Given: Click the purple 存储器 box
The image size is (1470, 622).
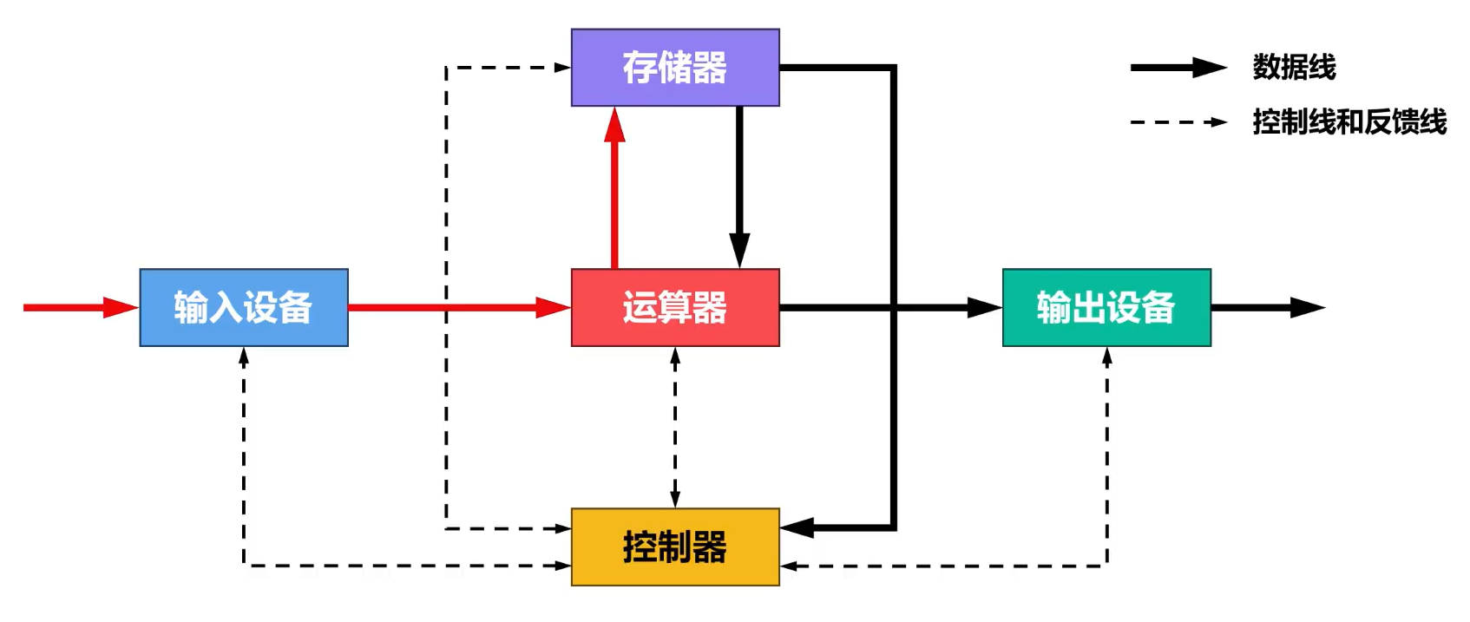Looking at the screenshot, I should [675, 68].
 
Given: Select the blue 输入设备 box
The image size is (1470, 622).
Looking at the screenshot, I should [244, 308].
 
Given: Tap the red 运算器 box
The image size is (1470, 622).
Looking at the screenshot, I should [675, 308].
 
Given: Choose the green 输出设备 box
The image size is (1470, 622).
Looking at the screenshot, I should [1106, 308].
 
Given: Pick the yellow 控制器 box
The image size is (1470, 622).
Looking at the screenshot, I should [675, 547].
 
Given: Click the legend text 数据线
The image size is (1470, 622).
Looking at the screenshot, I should [1294, 68].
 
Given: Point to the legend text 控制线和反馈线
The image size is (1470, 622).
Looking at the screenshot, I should [1349, 122].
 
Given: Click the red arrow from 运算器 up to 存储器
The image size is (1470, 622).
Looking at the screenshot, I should [615, 191].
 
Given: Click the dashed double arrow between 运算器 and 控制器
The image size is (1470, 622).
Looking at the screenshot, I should [675, 428].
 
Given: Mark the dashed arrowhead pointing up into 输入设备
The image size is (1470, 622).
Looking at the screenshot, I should [244, 356].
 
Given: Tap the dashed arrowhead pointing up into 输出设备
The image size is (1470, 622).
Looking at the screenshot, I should [1106, 356].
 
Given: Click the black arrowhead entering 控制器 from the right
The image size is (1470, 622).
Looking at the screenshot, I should [797, 527].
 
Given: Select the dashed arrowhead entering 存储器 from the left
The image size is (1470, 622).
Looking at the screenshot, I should [562, 67].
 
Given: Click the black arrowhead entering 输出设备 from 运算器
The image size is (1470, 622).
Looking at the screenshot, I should [985, 307].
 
